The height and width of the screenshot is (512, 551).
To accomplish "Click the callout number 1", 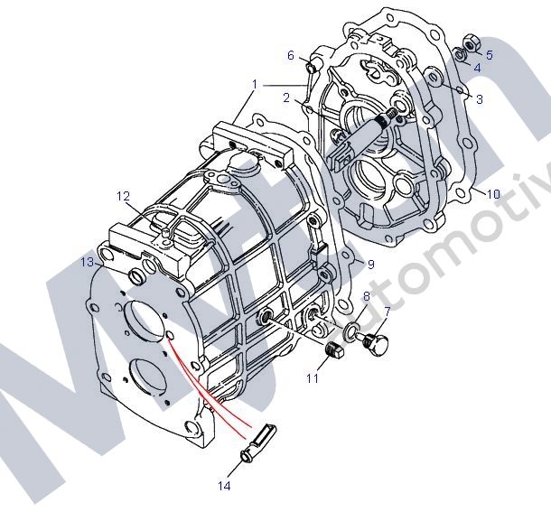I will [x=256, y=84].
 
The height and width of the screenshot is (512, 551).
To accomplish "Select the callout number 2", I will [x=285, y=98].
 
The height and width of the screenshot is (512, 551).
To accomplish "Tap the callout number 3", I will [x=479, y=99].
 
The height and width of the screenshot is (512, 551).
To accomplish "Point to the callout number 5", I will [x=490, y=55].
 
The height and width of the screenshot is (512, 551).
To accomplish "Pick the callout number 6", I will [x=291, y=56].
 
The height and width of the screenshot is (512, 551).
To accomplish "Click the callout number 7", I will [x=387, y=312].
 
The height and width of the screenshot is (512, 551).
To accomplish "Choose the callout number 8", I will [x=366, y=296].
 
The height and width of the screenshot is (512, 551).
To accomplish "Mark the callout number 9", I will [x=369, y=264].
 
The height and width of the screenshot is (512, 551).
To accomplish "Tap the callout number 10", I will [x=492, y=194].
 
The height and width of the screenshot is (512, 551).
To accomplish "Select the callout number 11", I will [x=312, y=378].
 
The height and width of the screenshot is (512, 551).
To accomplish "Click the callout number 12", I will [x=124, y=195].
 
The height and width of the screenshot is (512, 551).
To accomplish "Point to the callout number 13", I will [x=87, y=262].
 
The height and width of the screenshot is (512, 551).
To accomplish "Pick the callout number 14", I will [x=224, y=486].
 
